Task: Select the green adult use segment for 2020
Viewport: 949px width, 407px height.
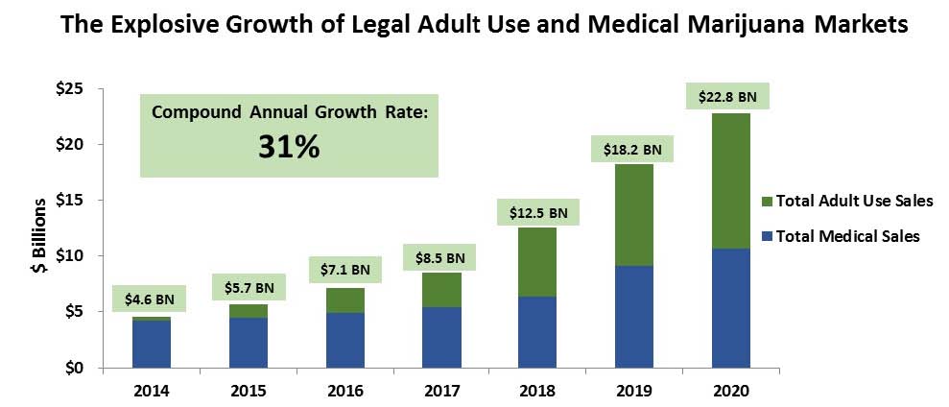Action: pos(731,181)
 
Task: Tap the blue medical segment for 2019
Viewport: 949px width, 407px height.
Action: pos(634,317)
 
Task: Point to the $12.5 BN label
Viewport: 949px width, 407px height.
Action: pos(537,211)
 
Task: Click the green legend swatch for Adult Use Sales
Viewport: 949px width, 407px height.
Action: pos(766,201)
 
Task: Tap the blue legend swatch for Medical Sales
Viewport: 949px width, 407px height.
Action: pos(766,236)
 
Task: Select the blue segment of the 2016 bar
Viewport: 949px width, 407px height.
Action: pos(344,340)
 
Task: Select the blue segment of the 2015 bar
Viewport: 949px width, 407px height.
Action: pos(249,343)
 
